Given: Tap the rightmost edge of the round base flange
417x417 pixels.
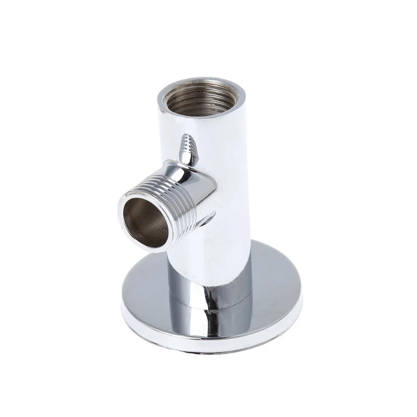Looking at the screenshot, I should click(x=301, y=292).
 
